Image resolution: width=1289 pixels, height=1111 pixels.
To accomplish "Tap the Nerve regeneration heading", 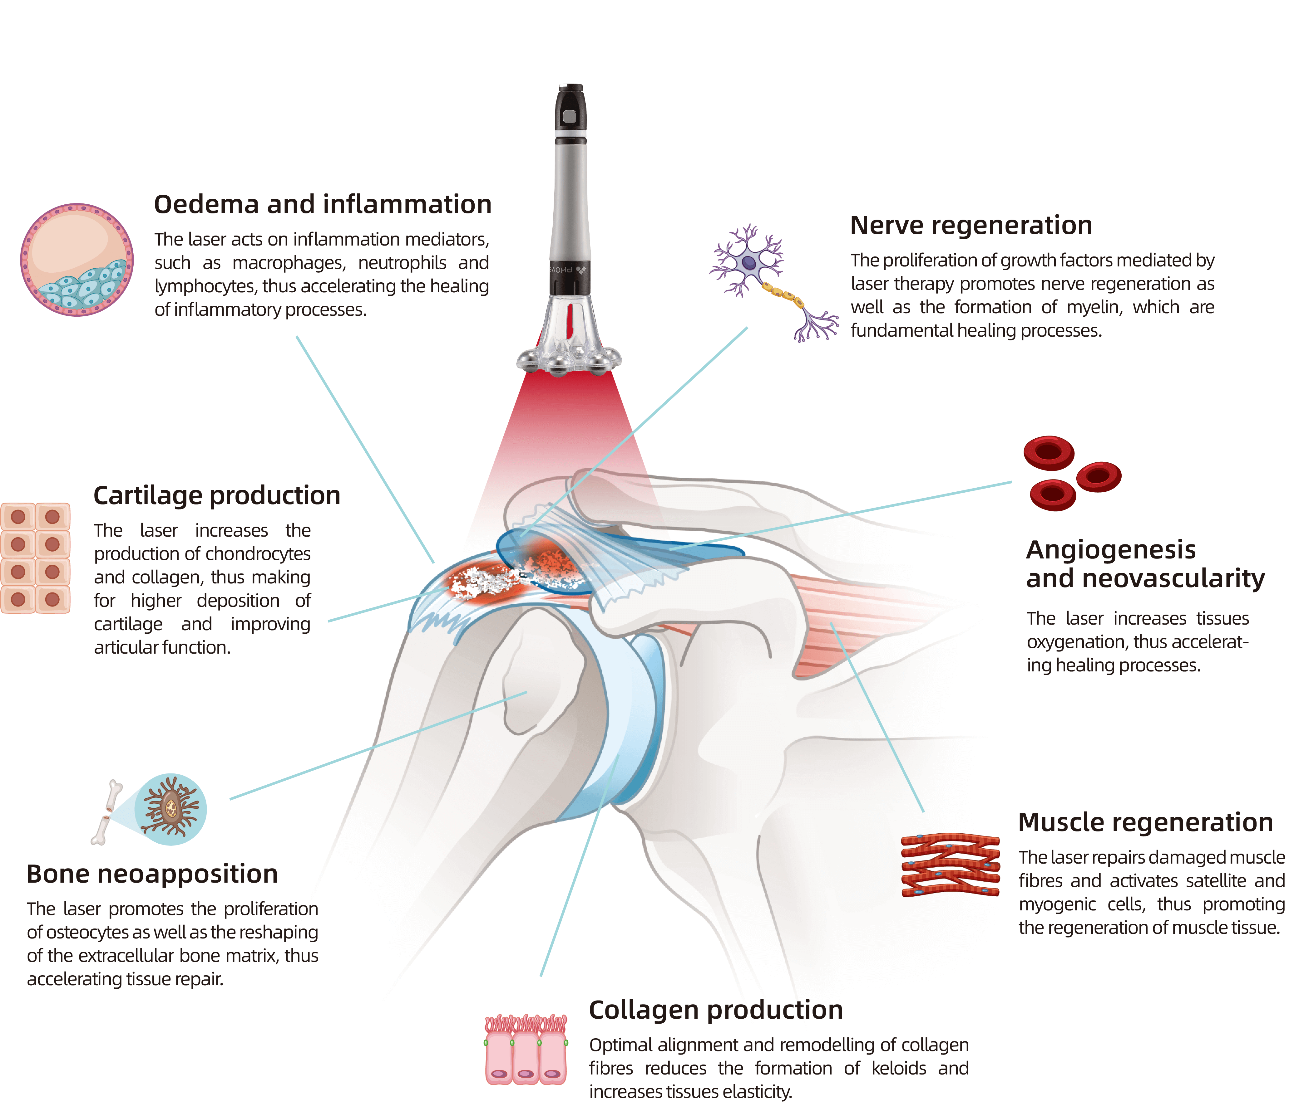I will point(970,225).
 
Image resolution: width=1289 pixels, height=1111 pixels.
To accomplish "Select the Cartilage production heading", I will point(216,495).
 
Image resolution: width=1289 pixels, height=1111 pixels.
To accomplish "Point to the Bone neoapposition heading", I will point(152,874).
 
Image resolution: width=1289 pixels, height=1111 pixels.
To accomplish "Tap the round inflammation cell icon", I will point(77,260).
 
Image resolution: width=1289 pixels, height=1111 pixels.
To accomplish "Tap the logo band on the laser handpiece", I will point(569,270).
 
